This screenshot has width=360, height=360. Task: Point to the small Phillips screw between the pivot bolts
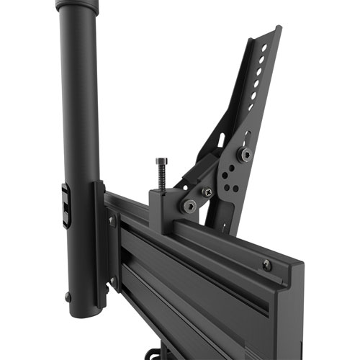207,192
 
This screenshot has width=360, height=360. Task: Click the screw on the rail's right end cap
267,265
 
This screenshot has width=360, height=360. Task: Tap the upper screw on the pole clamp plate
112,221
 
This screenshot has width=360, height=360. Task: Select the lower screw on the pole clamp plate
112,282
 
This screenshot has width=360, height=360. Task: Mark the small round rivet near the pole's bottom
68,296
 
